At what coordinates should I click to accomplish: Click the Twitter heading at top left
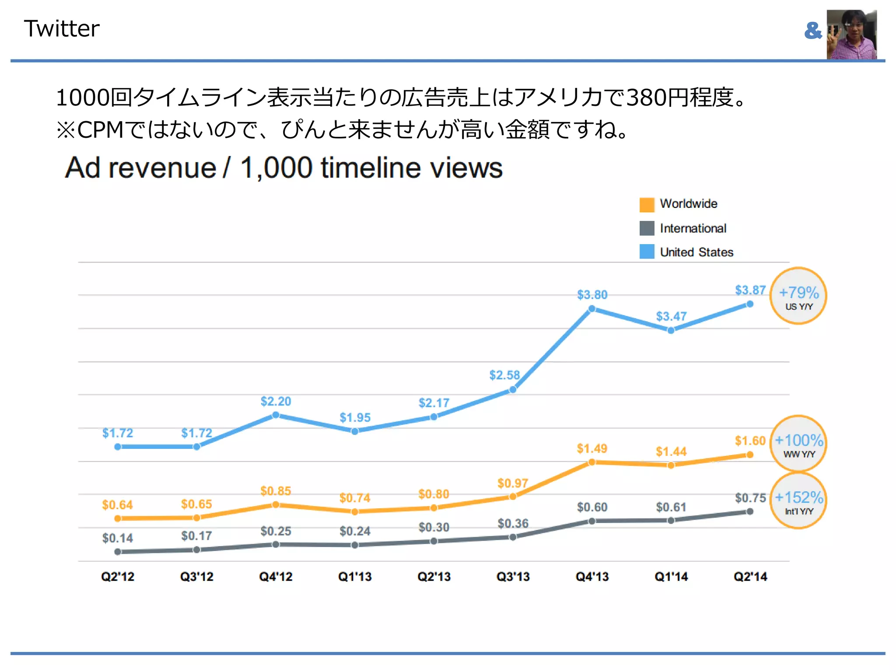pyautogui.click(x=61, y=29)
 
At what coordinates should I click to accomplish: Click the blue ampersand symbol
pyautogui.click(x=813, y=31)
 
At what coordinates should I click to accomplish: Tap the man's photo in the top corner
pyautogui.click(x=851, y=34)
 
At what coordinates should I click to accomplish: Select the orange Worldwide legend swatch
pyautogui.click(x=647, y=204)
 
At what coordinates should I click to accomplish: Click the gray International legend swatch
pyautogui.click(x=647, y=228)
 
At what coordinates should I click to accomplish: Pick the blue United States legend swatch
pyautogui.click(x=647, y=252)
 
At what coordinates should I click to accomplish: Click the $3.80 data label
pyautogui.click(x=592, y=295)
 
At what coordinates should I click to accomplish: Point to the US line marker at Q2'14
pyautogui.click(x=750, y=304)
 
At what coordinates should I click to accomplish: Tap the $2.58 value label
pyautogui.click(x=504, y=375)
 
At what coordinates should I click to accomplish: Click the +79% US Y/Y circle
pyautogui.click(x=798, y=296)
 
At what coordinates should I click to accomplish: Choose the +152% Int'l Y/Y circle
pyautogui.click(x=798, y=501)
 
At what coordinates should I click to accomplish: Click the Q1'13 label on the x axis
pyautogui.click(x=355, y=577)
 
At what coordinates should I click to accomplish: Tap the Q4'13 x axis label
pyautogui.click(x=592, y=577)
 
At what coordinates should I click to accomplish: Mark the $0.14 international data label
pyautogui.click(x=117, y=538)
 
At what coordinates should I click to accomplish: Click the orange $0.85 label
pyautogui.click(x=276, y=491)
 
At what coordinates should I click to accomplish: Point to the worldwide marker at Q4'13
pyautogui.click(x=592, y=462)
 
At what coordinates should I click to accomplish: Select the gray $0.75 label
pyautogui.click(x=750, y=498)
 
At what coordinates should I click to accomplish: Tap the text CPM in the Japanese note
pyautogui.click(x=101, y=130)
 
